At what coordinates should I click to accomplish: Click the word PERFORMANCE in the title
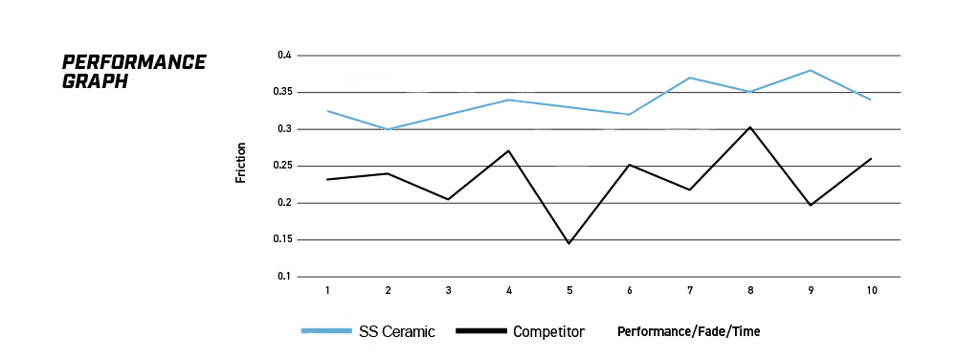[134, 62]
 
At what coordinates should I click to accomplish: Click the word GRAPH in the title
[95, 82]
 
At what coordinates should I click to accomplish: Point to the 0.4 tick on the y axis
[285, 56]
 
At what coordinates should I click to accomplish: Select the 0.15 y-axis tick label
[282, 240]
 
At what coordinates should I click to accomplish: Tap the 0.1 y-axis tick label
[285, 277]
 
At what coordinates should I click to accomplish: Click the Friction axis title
[240, 163]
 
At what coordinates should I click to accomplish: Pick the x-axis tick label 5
[569, 291]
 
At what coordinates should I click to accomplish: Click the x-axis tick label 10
[871, 291]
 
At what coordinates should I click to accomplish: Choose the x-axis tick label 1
[327, 291]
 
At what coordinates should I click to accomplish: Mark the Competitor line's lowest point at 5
[568, 243]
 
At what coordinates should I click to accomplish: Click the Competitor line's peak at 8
[750, 127]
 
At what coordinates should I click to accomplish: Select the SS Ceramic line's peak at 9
[811, 70]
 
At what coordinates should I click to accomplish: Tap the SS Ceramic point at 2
[389, 129]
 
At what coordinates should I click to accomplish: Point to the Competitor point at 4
[509, 150]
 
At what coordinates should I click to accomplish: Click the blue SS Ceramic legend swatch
[325, 330]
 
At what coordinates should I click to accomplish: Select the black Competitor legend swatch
[480, 330]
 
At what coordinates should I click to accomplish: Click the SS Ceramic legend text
[397, 331]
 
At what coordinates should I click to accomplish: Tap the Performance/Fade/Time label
[689, 332]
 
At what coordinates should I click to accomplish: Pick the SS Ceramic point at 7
[689, 78]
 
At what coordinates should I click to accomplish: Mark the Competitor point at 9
[811, 205]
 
